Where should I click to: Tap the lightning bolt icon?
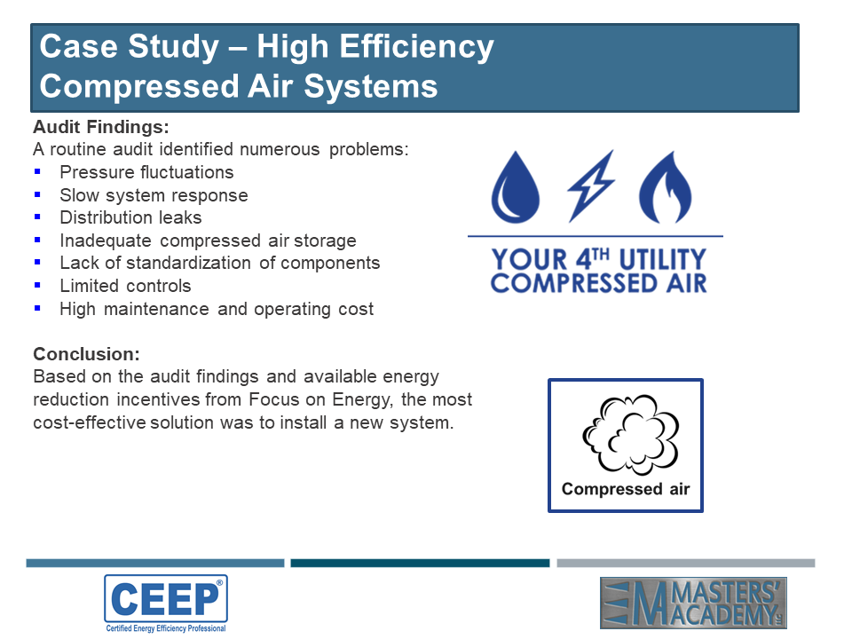coord(591,186)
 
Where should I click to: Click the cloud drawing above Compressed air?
coord(630,435)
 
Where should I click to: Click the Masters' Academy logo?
coord(693,603)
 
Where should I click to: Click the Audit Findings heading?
coord(101,127)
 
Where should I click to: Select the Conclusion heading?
coord(86,354)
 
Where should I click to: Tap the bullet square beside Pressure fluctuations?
coord(37,171)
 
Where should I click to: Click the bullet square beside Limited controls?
coord(37,285)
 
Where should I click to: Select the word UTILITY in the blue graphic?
coord(663,259)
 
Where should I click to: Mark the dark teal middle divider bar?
coord(420,563)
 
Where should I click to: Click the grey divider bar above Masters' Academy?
coord(686,563)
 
